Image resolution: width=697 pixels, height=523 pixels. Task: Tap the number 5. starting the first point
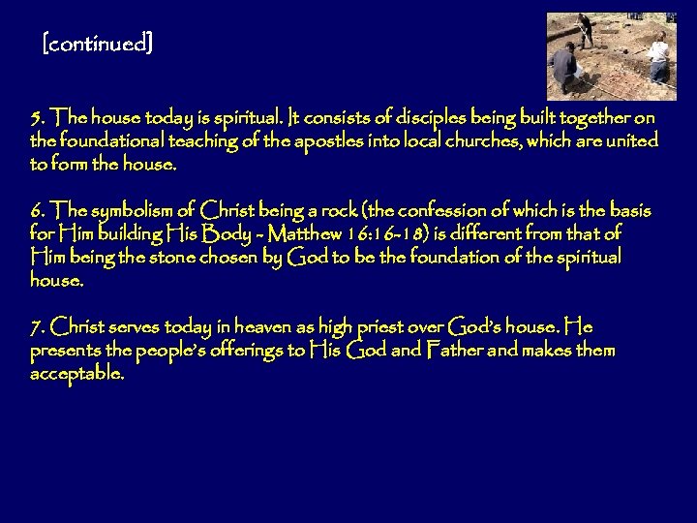click(38, 118)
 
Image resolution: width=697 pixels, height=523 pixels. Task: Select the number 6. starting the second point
click(38, 211)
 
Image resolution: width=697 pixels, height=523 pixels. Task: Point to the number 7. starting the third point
click(38, 325)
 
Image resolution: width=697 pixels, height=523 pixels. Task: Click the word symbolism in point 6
click(144, 211)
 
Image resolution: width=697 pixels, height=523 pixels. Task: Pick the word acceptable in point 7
click(77, 374)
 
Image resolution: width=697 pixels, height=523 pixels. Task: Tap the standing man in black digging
click(587, 29)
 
